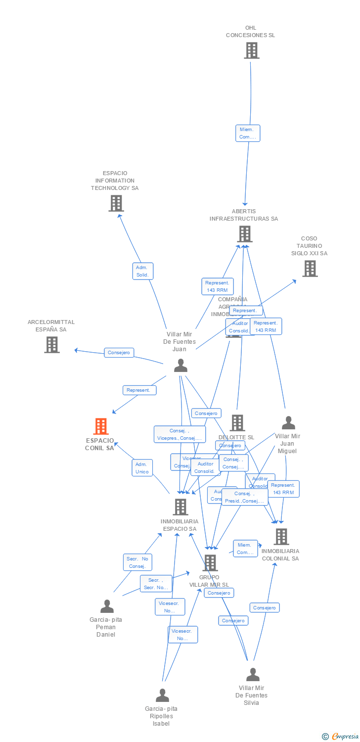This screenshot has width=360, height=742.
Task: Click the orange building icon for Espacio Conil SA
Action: coord(101,426)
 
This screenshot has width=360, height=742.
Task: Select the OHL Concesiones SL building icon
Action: coord(251,50)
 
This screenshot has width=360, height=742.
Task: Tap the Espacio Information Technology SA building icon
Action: coord(116,203)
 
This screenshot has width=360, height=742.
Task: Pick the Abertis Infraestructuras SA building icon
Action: coord(244,234)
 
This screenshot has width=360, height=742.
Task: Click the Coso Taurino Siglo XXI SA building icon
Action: coord(310,269)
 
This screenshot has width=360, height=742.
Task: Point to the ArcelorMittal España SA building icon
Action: coord(51,345)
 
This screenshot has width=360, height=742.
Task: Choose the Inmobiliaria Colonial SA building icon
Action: coord(281,537)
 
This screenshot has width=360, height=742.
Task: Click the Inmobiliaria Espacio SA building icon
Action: coord(180,507)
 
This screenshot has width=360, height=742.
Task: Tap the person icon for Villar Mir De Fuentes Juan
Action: coord(180,366)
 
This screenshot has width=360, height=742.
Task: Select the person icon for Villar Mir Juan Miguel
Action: coord(288,423)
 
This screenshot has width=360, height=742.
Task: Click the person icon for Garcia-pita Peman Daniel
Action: coord(107,606)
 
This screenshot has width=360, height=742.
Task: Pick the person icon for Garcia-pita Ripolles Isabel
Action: coord(162,696)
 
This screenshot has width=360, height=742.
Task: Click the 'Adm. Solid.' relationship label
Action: coord(142,271)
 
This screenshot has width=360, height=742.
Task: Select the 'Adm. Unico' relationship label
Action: coord(142,468)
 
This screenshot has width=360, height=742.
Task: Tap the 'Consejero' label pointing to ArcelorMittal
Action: coord(119,353)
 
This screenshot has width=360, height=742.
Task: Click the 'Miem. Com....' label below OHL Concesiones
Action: coord(247,133)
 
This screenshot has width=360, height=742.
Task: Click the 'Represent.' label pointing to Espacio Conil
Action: coord(139,390)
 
